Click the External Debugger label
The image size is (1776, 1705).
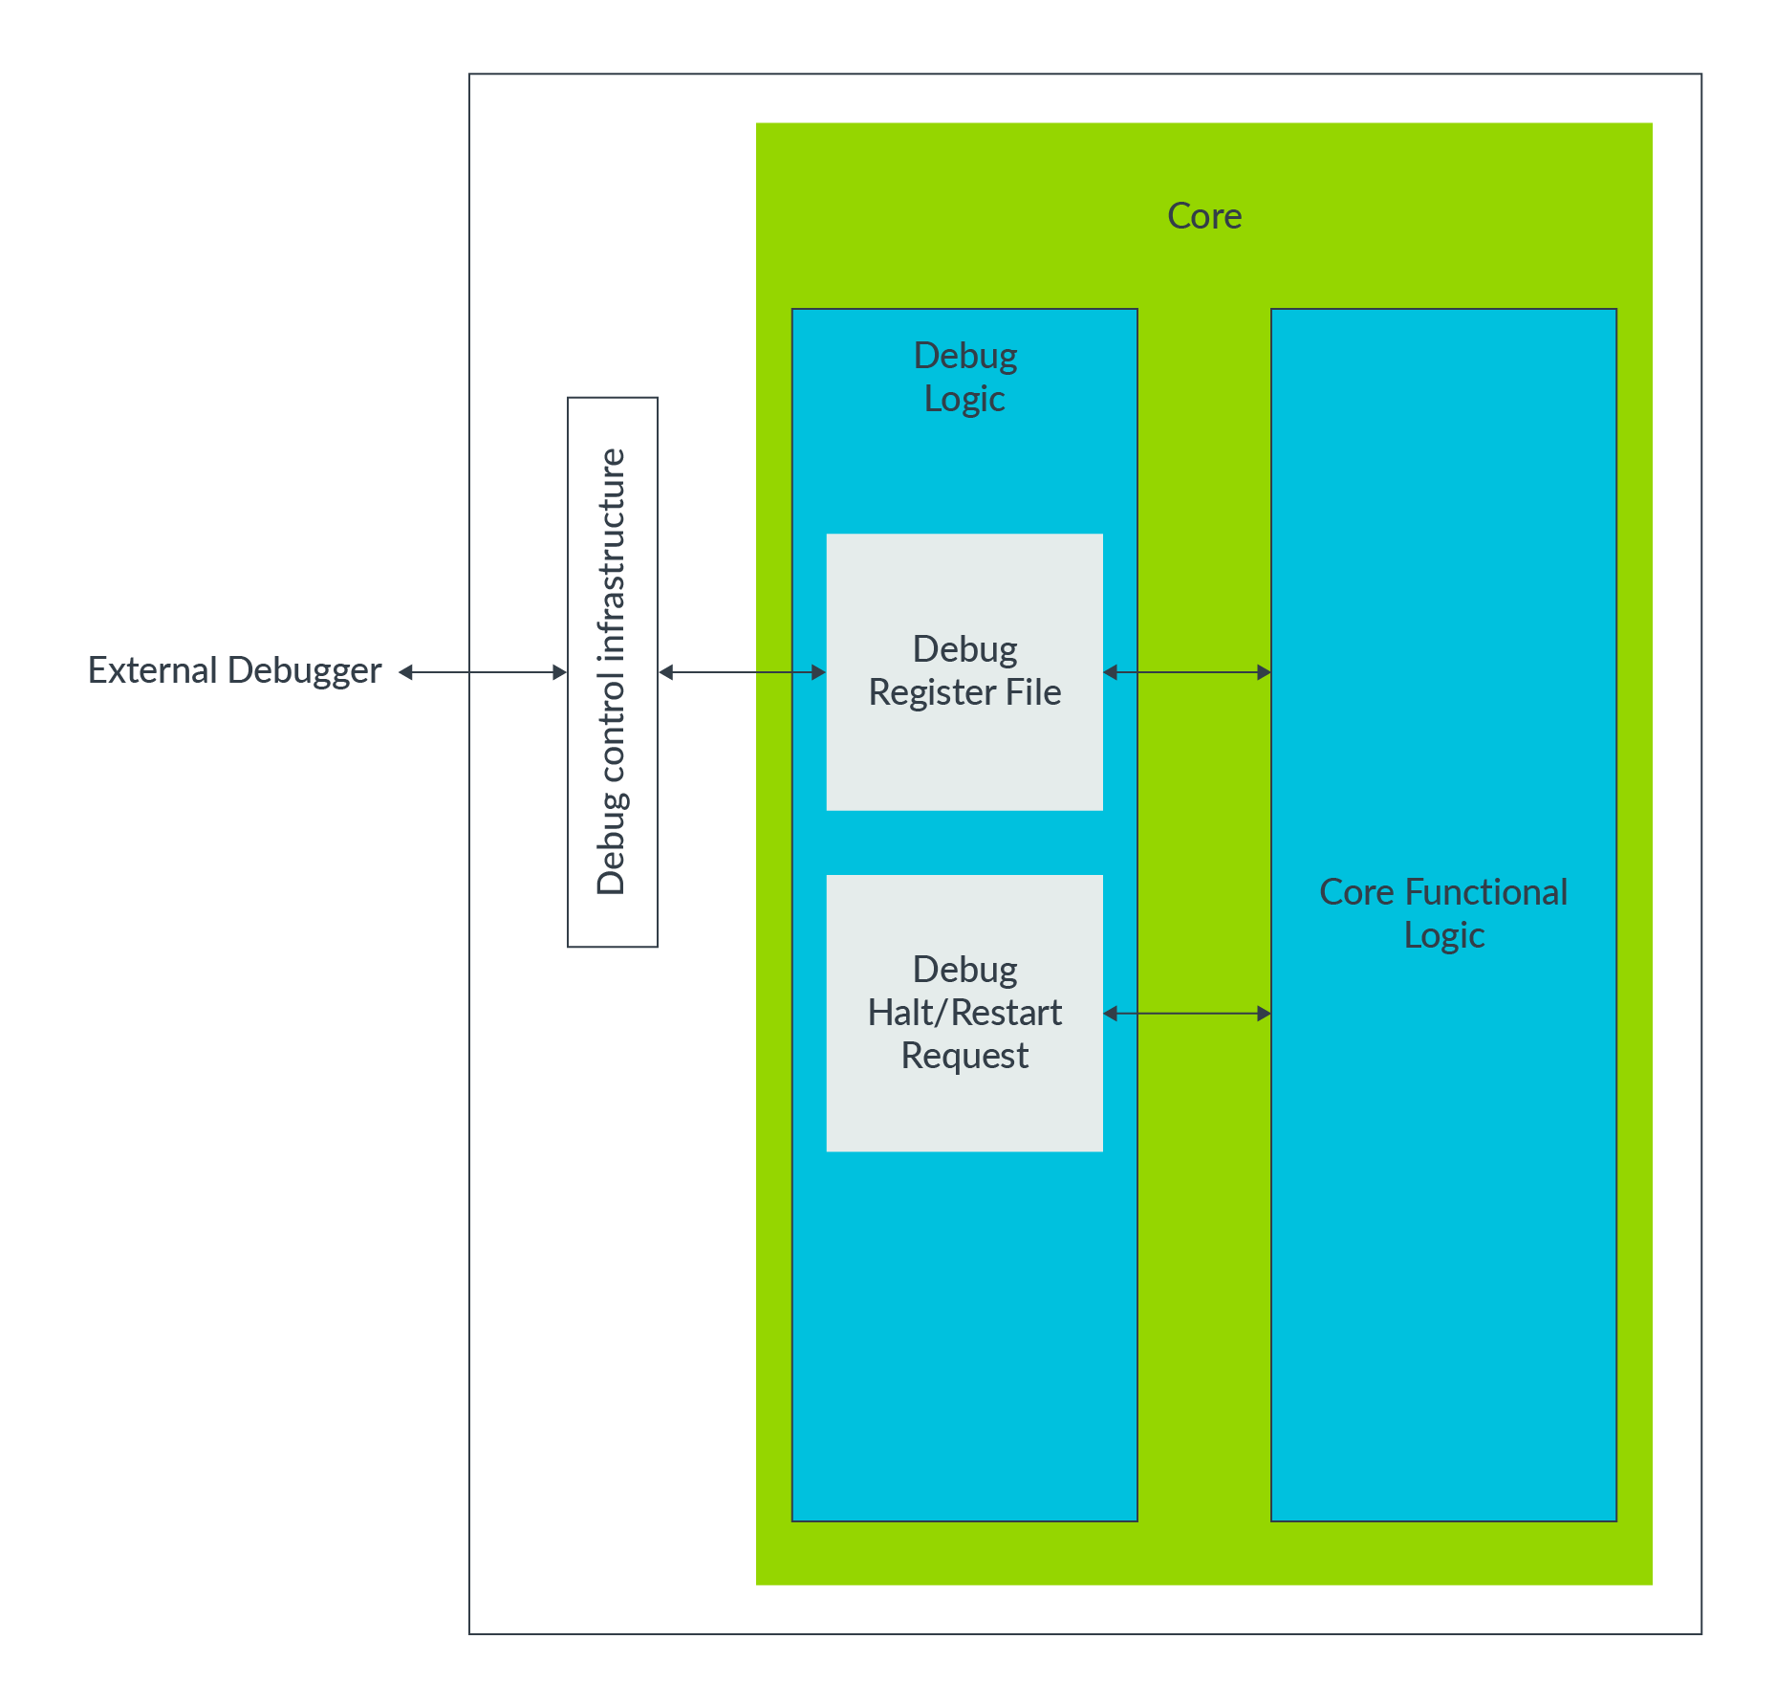coord(234,670)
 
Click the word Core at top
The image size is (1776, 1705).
coord(1203,216)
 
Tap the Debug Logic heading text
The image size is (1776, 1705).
coord(964,377)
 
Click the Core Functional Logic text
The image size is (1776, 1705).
coord(1443,912)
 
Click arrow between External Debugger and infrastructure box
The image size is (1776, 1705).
coord(483,672)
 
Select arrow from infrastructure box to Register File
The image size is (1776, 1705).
coord(742,672)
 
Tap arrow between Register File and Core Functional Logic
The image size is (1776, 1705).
coord(1186,672)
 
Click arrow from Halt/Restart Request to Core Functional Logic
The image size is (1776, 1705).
coord(1186,1013)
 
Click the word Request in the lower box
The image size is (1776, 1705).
coord(964,1056)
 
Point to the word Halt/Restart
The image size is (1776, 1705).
coord(964,1013)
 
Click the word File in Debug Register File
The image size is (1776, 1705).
coord(1032,692)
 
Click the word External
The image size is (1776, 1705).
coord(153,670)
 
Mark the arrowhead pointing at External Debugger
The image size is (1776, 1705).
coord(405,672)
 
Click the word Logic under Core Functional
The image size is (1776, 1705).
coord(1443,935)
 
